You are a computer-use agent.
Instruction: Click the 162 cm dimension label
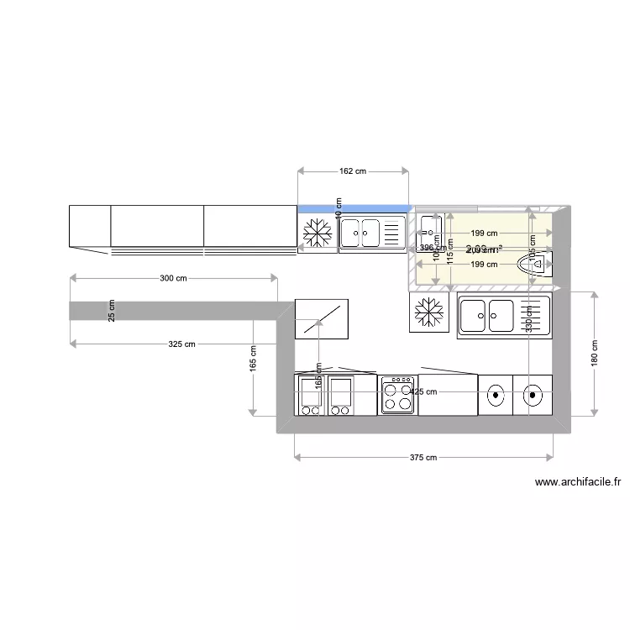pyautogui.click(x=353, y=171)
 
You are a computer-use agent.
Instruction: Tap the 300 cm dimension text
pyautogui.click(x=173, y=278)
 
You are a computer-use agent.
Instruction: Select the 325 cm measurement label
pyautogui.click(x=181, y=344)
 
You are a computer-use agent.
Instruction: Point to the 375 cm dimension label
pyautogui.click(x=423, y=458)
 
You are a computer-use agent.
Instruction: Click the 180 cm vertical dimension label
pyautogui.click(x=594, y=353)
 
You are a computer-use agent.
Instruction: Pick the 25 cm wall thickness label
pyautogui.click(x=111, y=310)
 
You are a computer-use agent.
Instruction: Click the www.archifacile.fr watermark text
pyautogui.click(x=578, y=482)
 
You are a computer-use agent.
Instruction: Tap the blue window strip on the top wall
pyautogui.click(x=354, y=207)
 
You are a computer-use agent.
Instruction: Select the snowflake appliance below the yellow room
pyautogui.click(x=429, y=313)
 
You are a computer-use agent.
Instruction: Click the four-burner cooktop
pyautogui.click(x=397, y=394)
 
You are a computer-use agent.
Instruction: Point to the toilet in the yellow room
pyautogui.click(x=535, y=265)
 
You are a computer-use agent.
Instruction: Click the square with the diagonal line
pyautogui.click(x=321, y=319)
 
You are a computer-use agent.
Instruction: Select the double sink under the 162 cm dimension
pyautogui.click(x=371, y=233)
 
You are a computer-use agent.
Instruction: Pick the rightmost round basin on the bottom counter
pyautogui.click(x=533, y=393)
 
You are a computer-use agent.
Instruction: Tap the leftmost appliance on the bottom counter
pyautogui.click(x=310, y=395)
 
